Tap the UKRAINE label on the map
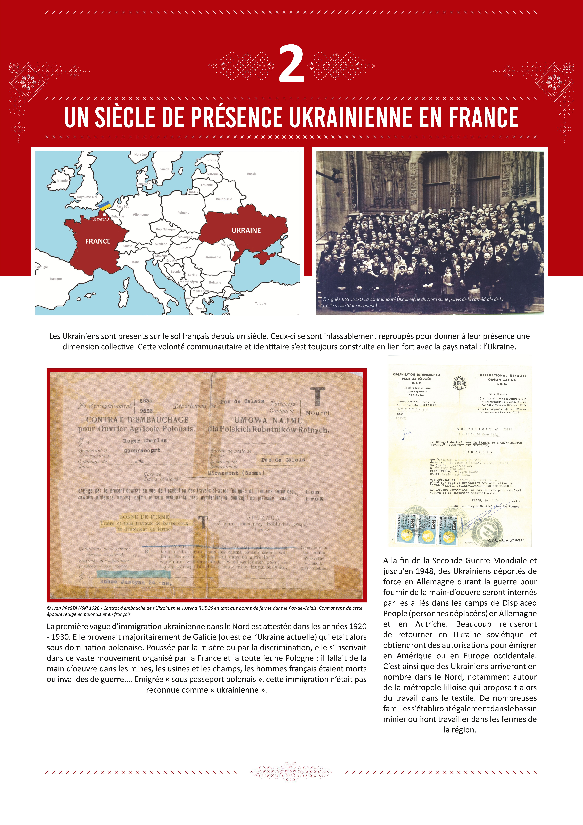[x=246, y=230]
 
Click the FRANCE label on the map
[x=98, y=241]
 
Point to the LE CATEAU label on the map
[x=101, y=219]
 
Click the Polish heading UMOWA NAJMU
[x=269, y=420]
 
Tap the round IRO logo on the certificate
[x=459, y=383]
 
